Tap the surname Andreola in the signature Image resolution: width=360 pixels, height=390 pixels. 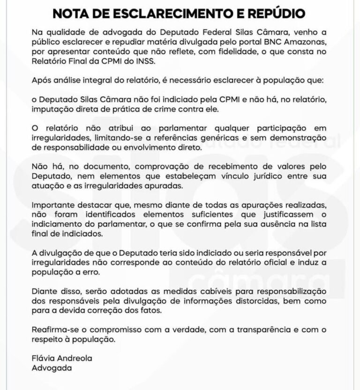(75, 358)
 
